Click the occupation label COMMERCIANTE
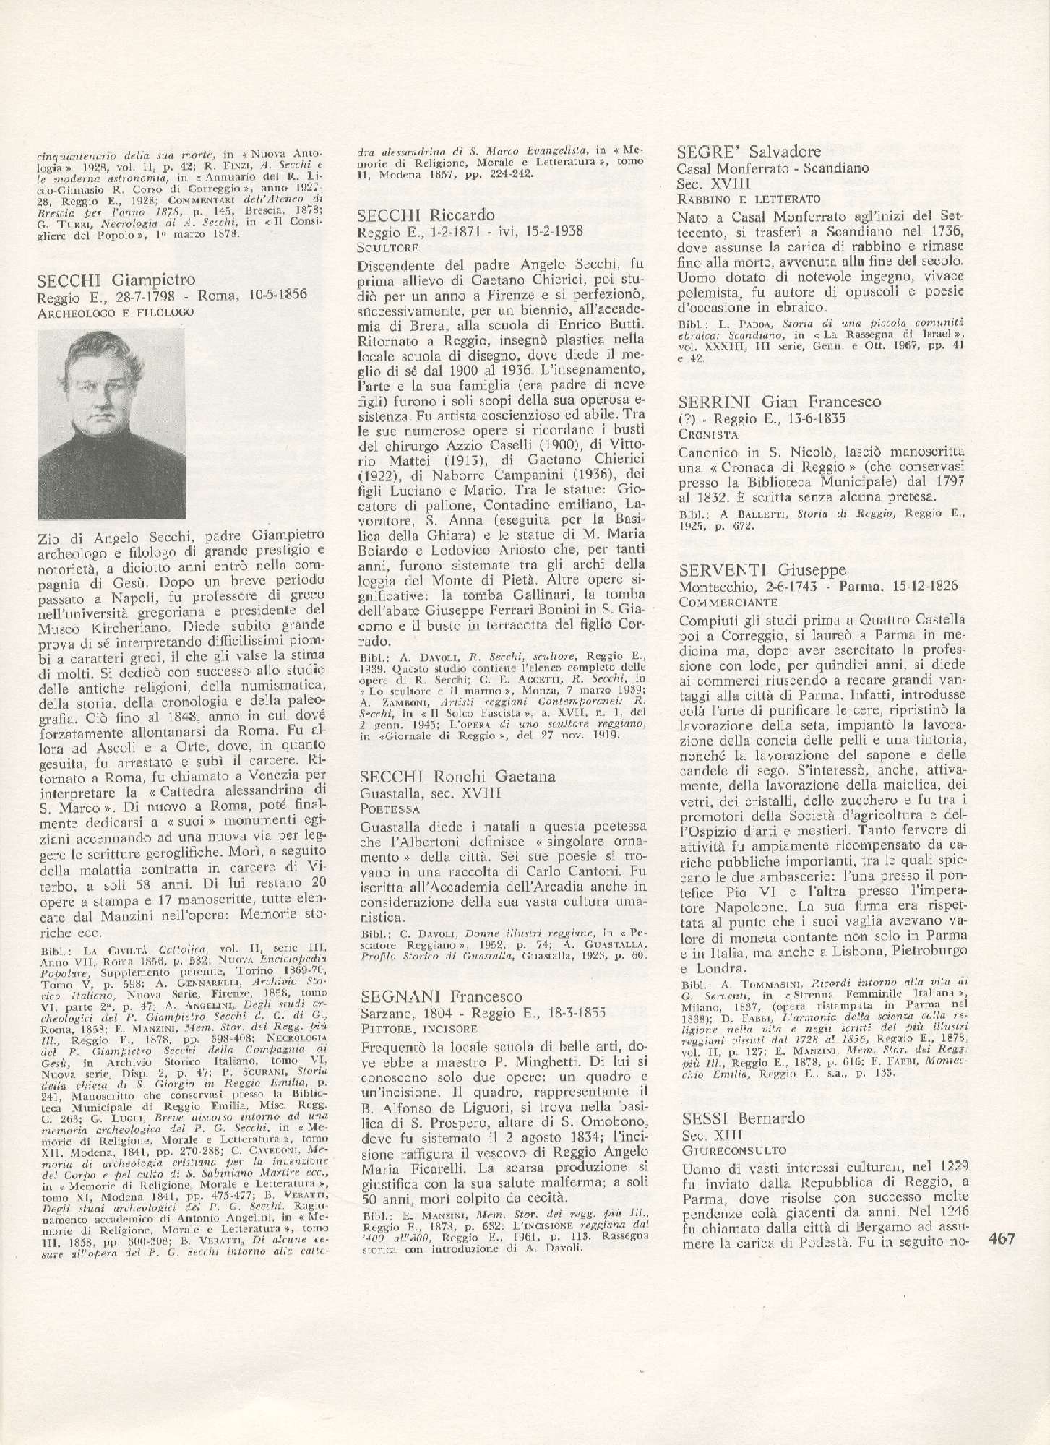[728, 600]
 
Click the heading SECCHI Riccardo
[426, 215]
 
